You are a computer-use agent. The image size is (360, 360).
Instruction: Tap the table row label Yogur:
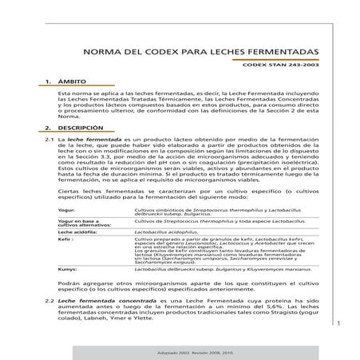point(66,210)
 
